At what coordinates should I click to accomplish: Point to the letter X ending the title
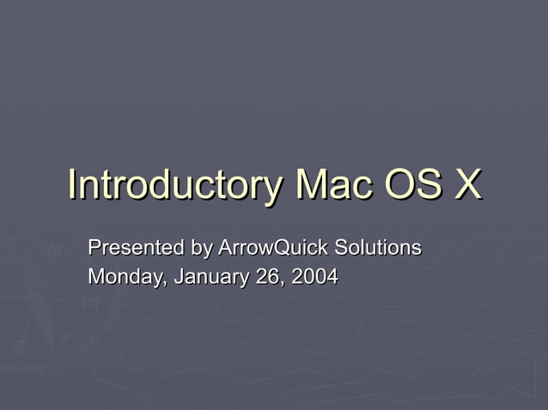pyautogui.click(x=466, y=184)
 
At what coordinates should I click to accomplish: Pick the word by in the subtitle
pyautogui.click(x=202, y=250)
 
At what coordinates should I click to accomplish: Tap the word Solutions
pyautogui.click(x=377, y=249)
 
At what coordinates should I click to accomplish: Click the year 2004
pyautogui.click(x=314, y=277)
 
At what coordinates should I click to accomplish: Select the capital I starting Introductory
pyautogui.click(x=71, y=184)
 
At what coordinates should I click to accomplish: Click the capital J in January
pyautogui.click(x=178, y=277)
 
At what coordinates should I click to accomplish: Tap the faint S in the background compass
pyautogui.click(x=19, y=346)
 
